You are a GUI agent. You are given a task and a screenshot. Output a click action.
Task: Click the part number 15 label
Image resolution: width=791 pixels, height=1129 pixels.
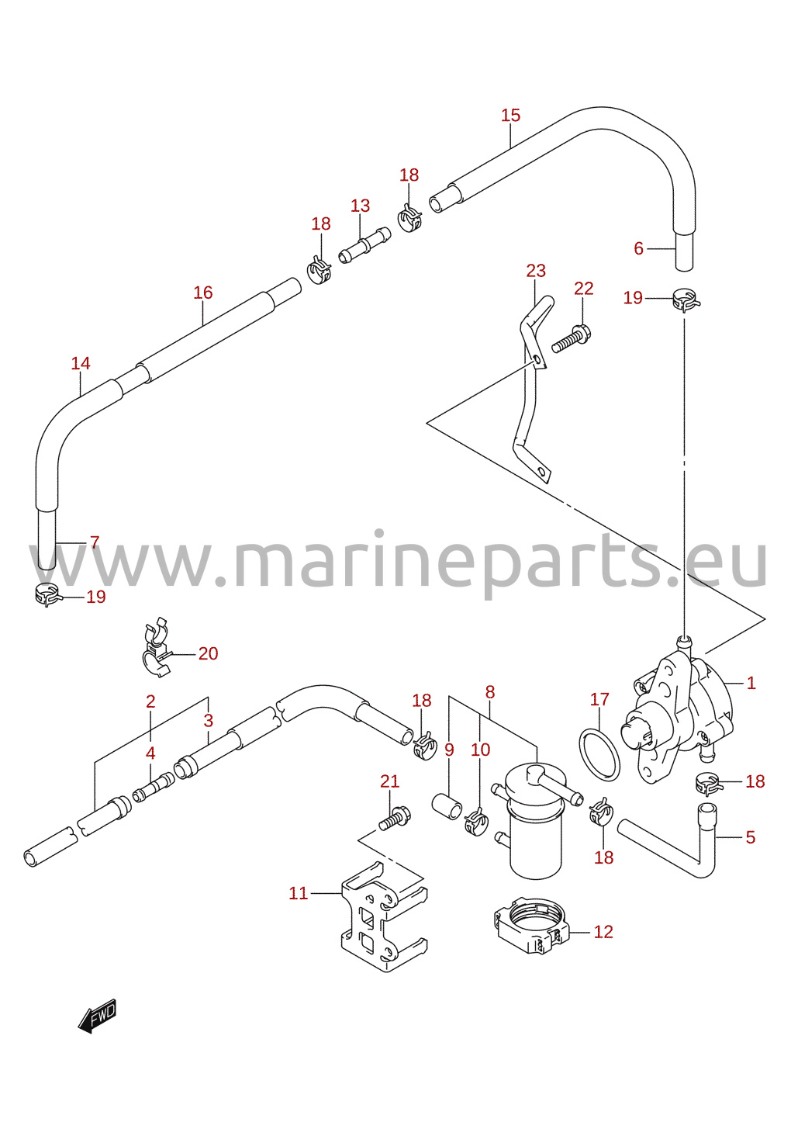(x=509, y=115)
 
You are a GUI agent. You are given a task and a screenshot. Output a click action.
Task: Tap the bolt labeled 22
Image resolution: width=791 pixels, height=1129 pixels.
(x=572, y=340)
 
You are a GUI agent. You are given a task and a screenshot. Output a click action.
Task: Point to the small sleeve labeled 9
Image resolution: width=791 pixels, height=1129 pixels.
(x=447, y=805)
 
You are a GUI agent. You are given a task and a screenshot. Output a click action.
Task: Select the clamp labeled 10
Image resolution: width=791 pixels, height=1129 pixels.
(x=475, y=820)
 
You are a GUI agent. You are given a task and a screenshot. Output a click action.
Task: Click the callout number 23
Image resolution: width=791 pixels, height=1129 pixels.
(x=536, y=271)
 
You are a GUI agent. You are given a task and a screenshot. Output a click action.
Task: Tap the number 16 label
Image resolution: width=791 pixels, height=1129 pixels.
(x=202, y=293)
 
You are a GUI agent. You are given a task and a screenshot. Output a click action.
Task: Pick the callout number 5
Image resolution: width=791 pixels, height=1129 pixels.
(x=750, y=837)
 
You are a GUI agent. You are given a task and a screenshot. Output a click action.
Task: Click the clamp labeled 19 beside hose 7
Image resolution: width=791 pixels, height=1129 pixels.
(x=48, y=594)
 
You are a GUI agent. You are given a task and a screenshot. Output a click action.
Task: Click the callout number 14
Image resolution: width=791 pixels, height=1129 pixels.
(x=80, y=363)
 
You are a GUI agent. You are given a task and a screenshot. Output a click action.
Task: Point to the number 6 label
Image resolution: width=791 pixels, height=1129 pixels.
(x=638, y=248)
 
